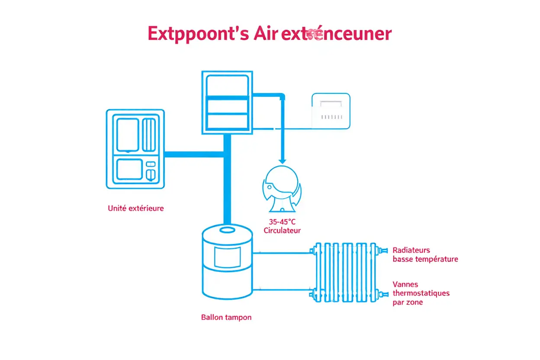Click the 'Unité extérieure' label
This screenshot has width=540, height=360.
136,208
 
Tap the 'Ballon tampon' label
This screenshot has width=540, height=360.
226,317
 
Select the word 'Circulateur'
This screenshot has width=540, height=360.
282,231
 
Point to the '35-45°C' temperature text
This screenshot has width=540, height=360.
282,222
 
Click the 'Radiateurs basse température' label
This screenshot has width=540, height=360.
425,255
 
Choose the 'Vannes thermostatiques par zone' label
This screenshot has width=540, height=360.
421,293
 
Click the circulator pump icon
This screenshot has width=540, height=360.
281,189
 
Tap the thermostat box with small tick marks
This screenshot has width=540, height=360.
331,110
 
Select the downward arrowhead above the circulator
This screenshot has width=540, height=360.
282,159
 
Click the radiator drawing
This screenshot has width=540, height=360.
346,272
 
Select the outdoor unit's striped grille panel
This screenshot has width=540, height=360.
148,135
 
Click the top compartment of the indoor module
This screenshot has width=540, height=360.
227,87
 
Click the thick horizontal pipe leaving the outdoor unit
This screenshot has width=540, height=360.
194,154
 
